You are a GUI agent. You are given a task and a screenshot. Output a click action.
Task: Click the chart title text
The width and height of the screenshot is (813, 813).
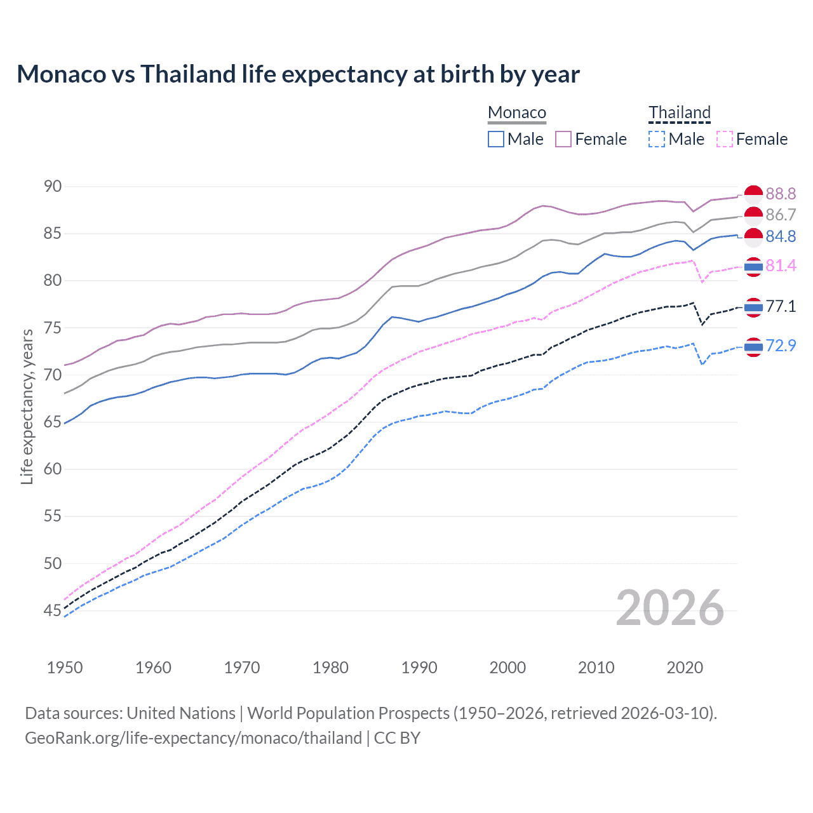(298, 74)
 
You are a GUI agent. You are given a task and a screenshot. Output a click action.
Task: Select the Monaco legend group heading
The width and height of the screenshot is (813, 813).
(517, 113)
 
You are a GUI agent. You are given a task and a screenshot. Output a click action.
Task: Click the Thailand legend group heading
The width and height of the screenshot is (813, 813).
(679, 113)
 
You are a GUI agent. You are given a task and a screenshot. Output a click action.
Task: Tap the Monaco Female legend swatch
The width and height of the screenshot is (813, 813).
(563, 139)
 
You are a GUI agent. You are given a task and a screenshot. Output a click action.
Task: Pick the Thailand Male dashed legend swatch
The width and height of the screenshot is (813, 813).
(657, 139)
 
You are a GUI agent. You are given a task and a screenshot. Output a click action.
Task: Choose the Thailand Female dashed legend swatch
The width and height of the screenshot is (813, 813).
(725, 139)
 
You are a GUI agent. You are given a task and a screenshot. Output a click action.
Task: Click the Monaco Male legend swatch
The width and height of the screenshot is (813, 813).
(496, 139)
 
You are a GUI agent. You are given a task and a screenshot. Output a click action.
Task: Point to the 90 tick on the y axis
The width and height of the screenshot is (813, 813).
(53, 186)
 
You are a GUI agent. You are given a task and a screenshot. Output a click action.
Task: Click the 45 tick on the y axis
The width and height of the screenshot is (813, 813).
(53, 610)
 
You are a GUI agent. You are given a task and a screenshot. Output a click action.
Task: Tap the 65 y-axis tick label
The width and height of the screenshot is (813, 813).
(53, 422)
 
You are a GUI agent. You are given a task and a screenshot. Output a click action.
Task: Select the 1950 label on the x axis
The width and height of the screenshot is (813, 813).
(65, 668)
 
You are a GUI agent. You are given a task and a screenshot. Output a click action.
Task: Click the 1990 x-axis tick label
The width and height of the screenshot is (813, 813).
(419, 668)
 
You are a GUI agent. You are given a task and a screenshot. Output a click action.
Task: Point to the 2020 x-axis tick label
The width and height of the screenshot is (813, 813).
(685, 668)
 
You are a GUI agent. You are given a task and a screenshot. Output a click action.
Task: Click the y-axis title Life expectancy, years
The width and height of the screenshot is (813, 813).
(27, 406)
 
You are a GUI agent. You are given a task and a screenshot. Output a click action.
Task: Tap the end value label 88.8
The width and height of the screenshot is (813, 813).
(781, 194)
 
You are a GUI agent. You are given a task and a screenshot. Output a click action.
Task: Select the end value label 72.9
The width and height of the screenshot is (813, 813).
(781, 346)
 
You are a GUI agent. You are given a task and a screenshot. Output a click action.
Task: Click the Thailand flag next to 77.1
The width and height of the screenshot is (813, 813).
(753, 307)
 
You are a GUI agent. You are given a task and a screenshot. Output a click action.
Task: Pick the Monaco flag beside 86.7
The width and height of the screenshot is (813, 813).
(753, 215)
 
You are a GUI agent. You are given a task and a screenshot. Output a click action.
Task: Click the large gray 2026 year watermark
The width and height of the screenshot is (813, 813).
(670, 608)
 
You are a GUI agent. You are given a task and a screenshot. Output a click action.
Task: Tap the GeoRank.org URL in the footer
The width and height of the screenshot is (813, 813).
(193, 738)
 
